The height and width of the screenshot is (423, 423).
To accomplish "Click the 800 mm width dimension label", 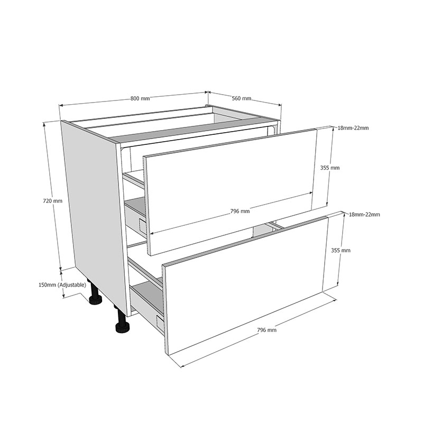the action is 140,98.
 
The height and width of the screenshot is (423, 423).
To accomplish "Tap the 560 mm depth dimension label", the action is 242,98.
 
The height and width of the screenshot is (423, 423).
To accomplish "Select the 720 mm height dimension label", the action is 52,201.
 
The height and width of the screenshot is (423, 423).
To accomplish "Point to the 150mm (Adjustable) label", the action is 62,284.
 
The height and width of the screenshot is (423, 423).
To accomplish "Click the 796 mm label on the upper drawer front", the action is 240,211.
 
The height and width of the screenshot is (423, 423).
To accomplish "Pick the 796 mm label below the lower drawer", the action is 266,329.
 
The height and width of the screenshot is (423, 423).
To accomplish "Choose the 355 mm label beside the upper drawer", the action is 330,168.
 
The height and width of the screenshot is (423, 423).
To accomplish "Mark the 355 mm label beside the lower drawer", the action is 341,250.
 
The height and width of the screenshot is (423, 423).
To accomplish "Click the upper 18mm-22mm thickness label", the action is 353,128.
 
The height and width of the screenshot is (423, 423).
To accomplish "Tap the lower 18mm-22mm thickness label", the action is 364,215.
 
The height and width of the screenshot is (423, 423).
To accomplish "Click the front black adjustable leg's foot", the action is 123,328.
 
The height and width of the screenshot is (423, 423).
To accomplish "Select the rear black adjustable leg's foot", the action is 96,300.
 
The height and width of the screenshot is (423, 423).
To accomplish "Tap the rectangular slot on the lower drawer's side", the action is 160,323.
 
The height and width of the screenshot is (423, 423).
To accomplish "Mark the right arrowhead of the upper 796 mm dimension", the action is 311,193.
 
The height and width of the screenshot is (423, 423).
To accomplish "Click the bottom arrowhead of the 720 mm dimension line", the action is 61,268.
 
